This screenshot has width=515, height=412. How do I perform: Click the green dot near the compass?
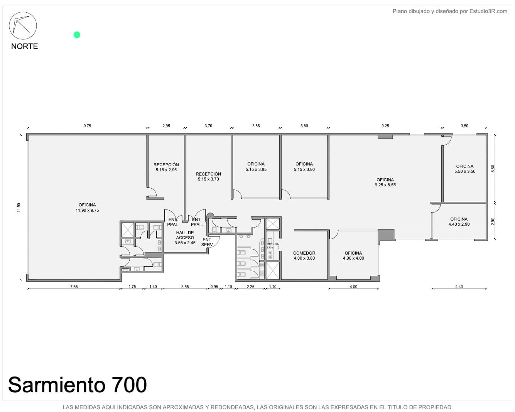(x=77, y=35)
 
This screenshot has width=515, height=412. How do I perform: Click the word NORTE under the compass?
(x=24, y=46)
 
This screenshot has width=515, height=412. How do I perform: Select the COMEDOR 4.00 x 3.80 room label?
(x=304, y=255)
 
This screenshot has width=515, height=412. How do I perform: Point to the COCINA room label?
(x=273, y=246)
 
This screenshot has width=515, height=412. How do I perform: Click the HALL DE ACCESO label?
(x=185, y=238)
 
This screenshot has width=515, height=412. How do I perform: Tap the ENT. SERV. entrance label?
(x=207, y=242)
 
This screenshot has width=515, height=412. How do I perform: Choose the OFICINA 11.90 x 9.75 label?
(x=87, y=208)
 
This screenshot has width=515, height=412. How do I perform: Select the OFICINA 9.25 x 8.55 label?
(x=385, y=182)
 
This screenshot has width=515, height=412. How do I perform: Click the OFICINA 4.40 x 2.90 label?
(x=459, y=222)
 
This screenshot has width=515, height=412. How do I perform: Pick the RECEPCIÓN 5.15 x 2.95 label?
(x=166, y=167)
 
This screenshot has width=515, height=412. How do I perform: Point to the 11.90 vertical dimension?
(x=19, y=207)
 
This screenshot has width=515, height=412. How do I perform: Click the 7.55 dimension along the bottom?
(x=74, y=287)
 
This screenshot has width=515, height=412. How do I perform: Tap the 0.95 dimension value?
(x=214, y=287)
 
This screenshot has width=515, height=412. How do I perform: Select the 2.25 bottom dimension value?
(x=251, y=287)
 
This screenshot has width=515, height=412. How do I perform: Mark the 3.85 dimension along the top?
(x=256, y=126)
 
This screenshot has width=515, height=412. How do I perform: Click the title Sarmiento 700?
(x=77, y=385)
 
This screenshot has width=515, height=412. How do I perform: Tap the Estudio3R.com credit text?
(x=488, y=11)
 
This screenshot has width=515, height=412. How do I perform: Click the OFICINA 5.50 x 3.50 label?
(x=465, y=169)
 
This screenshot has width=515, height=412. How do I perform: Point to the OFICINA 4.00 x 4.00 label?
(x=353, y=255)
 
